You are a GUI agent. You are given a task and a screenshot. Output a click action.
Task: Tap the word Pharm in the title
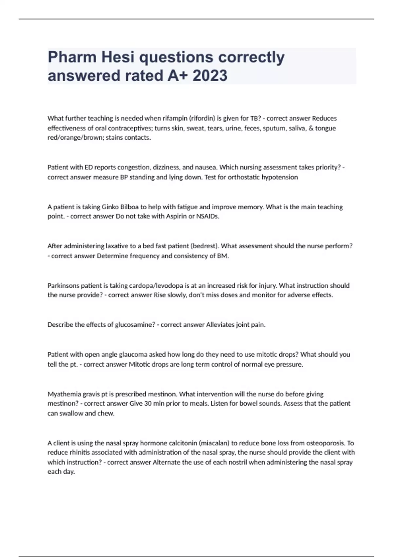pos(72,57)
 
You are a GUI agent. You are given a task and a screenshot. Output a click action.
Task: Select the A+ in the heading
pos(177,75)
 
